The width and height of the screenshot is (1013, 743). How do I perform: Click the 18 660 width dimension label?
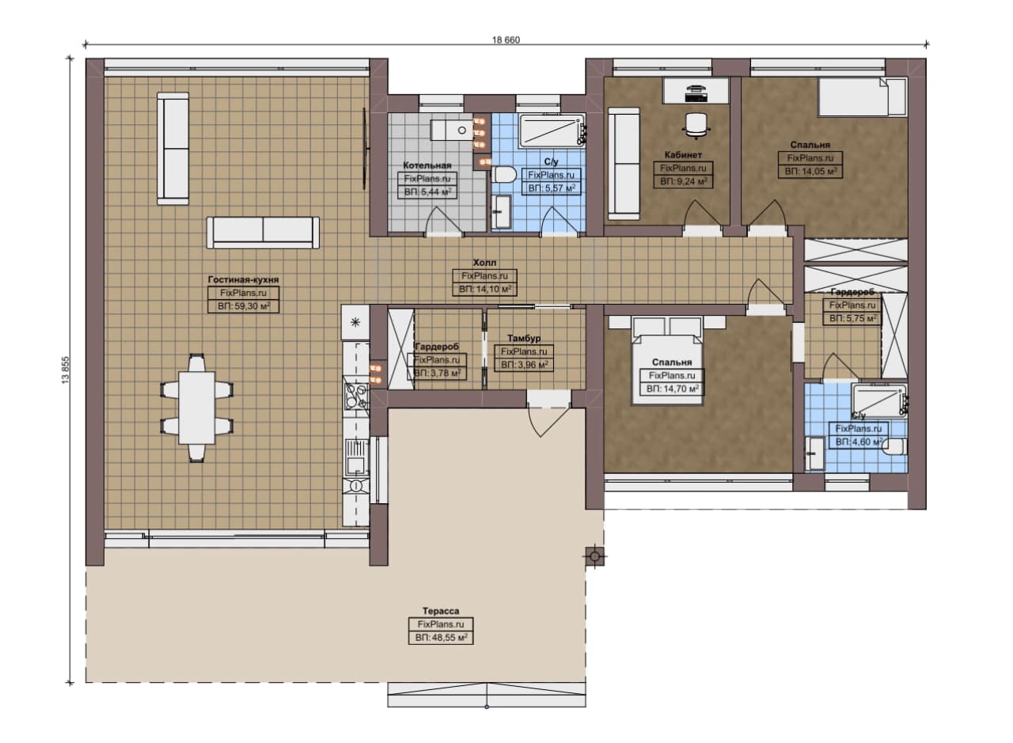click(506, 40)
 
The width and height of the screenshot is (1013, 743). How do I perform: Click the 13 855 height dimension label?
click(66, 370)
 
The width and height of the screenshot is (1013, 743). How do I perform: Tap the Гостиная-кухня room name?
click(243, 279)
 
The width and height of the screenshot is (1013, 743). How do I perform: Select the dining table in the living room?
click(197, 408)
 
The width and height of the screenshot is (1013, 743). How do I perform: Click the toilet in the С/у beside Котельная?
click(504, 174)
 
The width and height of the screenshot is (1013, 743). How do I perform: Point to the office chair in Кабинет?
click(696, 124)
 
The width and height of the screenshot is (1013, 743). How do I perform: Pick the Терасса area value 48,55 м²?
click(441, 638)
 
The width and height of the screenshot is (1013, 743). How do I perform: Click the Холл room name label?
click(484, 262)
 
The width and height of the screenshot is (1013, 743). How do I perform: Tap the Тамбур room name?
click(524, 338)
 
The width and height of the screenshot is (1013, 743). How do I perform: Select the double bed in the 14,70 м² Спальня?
click(667, 360)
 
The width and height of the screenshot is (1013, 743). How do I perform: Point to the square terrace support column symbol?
click(595, 556)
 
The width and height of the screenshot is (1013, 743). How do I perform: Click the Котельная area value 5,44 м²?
click(427, 192)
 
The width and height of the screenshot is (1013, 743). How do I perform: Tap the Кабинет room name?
click(683, 154)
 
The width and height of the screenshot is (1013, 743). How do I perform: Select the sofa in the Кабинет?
click(624, 164)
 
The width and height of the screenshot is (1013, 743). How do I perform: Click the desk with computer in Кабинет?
click(696, 90)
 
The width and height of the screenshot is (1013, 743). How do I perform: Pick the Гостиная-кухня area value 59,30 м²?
click(243, 306)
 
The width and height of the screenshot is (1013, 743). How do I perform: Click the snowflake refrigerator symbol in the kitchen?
click(355, 322)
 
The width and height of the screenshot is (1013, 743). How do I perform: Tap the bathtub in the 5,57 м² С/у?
click(552, 131)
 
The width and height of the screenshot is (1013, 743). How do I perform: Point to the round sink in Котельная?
click(461, 131)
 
